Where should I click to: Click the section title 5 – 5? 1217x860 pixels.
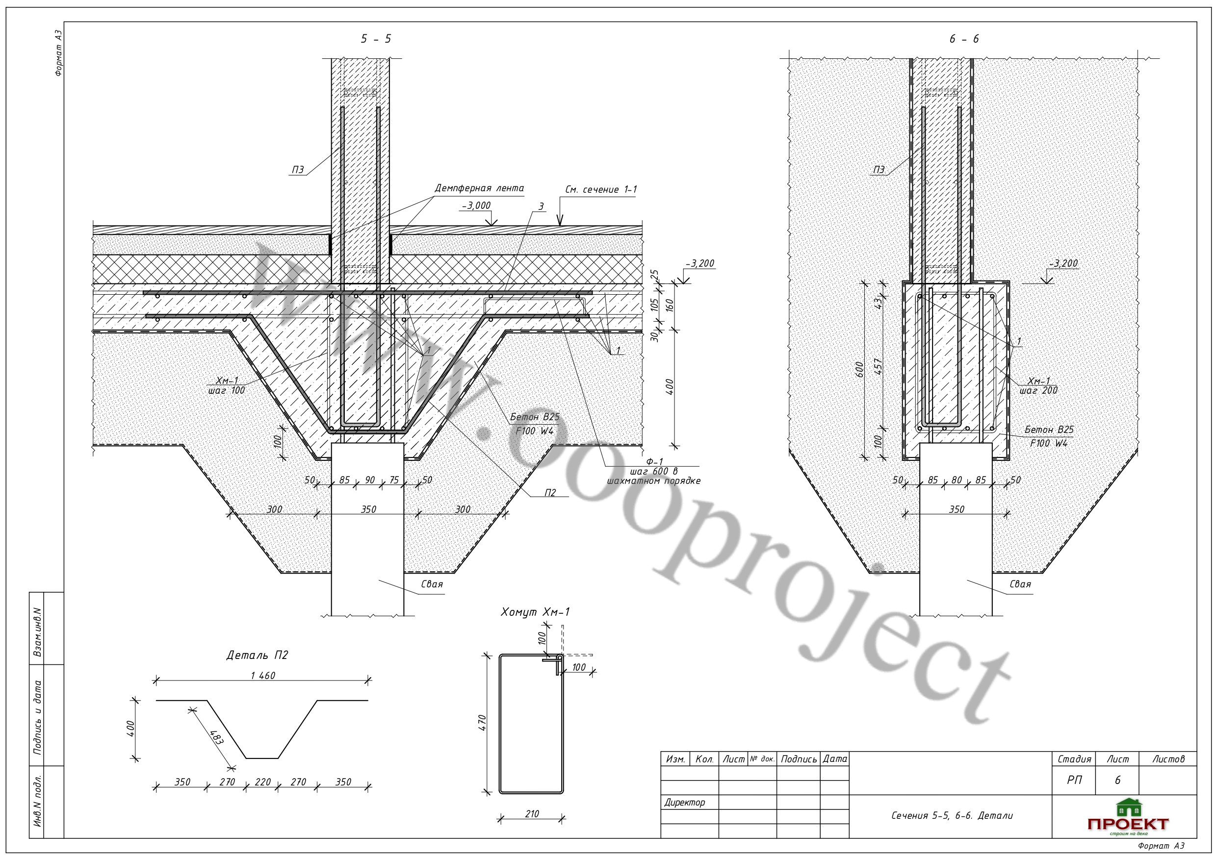[376, 39]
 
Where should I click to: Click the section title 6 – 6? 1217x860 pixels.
[964, 39]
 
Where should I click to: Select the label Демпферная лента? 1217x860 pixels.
[479, 188]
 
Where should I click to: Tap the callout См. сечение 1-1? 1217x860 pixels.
[601, 190]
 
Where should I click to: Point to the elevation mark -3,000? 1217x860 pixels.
[476, 205]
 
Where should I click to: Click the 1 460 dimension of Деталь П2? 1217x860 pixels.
[263, 676]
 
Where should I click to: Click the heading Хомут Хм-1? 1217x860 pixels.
[535, 612]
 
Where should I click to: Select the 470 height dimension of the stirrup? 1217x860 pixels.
[482, 723]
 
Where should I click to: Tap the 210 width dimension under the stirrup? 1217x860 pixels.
[532, 814]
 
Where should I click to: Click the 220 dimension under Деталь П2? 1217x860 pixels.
[262, 782]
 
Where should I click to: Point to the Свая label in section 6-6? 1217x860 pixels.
[1020, 584]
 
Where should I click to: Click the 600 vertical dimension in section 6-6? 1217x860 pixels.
[860, 369]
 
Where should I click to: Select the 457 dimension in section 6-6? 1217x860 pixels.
[879, 367]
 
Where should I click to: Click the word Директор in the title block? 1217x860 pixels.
[685, 802]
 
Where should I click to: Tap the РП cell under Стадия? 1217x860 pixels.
[1074, 780]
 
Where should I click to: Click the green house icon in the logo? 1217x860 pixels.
[1129, 808]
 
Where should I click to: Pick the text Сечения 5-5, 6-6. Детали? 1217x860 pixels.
[952, 816]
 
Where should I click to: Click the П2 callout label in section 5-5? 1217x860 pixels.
[550, 493]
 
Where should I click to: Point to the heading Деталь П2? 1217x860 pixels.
[257, 656]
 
